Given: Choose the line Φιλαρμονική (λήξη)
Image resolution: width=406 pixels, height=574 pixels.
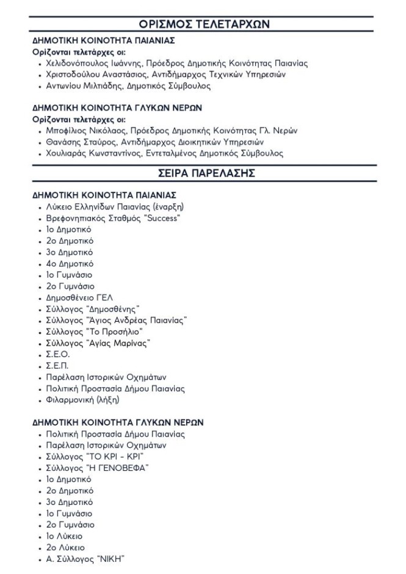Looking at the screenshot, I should pyautogui.click(x=82, y=400).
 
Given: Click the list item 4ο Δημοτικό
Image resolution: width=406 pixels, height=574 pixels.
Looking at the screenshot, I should pyautogui.click(x=70, y=263).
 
